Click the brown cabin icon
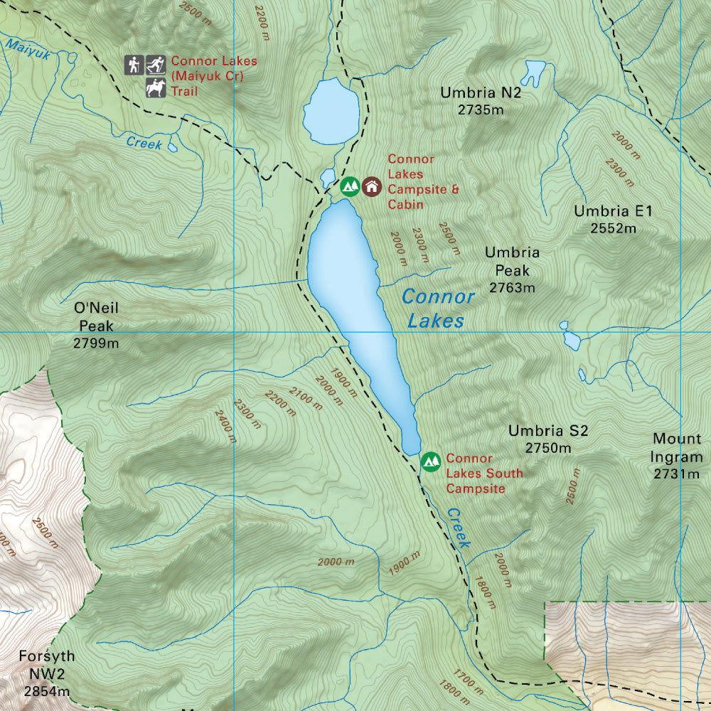point(372,186)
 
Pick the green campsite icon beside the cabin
point(349,186)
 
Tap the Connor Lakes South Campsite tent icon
point(430,461)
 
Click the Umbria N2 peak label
point(471,92)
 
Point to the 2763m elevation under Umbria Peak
point(512,288)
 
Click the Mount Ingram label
point(677,448)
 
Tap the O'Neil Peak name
point(95,317)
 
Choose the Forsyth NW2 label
point(47,665)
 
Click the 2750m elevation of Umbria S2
point(548,448)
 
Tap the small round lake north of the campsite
point(331,110)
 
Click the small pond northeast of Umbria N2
point(533,71)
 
